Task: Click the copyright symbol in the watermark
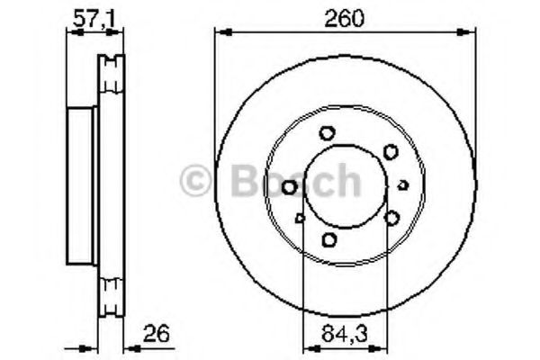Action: tap(195, 182)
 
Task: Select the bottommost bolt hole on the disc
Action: tap(329, 238)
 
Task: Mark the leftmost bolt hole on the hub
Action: tap(290, 187)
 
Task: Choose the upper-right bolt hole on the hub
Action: tap(390, 151)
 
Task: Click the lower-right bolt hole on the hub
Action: tap(392, 217)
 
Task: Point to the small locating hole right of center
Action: tap(402, 184)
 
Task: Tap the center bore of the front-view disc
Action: tap(345, 185)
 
